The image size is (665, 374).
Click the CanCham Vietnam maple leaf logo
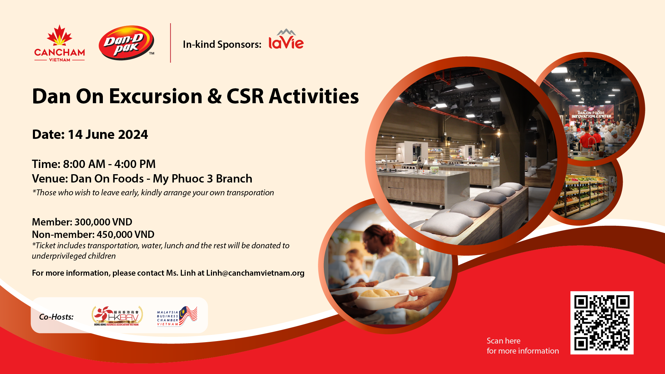(60, 43)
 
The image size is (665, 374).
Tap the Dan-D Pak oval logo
(126, 43)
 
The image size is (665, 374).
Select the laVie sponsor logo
(286, 39)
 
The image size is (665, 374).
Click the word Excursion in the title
(156, 96)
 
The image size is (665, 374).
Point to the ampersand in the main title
(215, 96)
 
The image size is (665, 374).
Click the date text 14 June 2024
(108, 134)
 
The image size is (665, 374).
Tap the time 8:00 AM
(84, 164)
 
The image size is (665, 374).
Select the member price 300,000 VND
(103, 222)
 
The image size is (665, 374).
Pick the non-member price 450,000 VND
(125, 234)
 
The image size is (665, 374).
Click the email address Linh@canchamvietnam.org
(255, 273)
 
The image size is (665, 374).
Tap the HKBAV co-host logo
(117, 316)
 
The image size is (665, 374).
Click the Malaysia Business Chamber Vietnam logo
(177, 316)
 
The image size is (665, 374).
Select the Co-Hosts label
(56, 317)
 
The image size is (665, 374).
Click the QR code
(602, 323)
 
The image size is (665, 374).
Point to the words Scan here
(504, 341)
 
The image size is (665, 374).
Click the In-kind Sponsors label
(222, 44)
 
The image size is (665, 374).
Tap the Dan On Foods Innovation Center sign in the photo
(591, 115)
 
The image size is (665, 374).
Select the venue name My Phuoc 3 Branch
(202, 179)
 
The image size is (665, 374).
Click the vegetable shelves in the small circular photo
(582, 194)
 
